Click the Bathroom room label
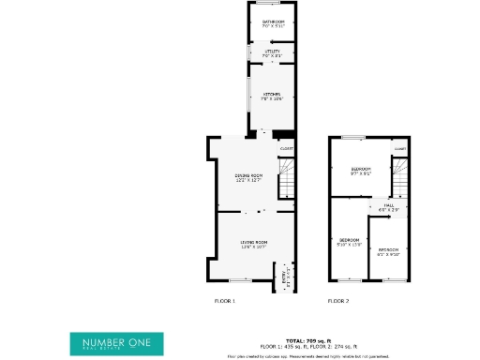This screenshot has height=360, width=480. (273, 23)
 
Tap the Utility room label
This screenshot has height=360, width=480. (273, 53)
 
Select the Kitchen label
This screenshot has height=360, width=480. (272, 96)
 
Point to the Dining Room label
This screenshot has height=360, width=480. (248, 177)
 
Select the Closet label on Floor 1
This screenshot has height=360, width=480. (287, 148)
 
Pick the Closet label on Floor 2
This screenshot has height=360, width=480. (400, 148)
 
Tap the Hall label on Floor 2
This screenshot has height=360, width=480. (387, 208)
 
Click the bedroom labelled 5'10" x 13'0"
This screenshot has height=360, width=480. (349, 242)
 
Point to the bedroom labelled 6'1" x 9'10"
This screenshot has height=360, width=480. (388, 251)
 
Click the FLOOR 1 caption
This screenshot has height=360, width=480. (225, 301)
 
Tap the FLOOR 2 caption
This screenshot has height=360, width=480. (337, 301)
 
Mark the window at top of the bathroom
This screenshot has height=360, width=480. (273, 4)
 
